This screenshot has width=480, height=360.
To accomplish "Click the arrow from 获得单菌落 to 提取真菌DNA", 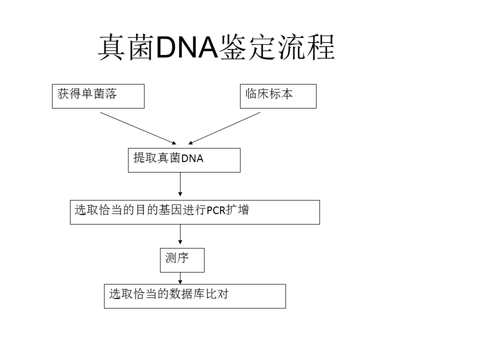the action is (138, 128).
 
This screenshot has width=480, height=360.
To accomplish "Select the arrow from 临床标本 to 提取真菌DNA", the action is (224, 128).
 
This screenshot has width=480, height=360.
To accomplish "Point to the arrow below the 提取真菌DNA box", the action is (180, 184).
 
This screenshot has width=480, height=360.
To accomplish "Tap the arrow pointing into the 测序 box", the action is (180, 234).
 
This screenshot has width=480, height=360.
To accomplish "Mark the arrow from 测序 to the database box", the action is (180, 278).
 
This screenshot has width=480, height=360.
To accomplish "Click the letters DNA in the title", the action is (187, 47).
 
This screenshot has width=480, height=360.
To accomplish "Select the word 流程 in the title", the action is (306, 47).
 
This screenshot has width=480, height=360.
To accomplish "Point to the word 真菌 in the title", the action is (126, 47).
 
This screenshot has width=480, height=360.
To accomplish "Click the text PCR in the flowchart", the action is (216, 210).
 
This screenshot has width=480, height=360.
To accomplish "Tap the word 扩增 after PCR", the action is (237, 210).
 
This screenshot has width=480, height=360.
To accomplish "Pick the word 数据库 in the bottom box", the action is (187, 294).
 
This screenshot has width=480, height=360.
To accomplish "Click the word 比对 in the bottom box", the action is (217, 294).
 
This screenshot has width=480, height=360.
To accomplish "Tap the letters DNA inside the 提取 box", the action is (192, 158).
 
